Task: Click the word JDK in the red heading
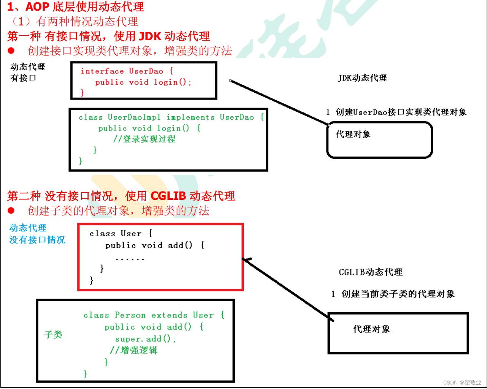click(x=150, y=36)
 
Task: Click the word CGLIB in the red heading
click(x=168, y=196)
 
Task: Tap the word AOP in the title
click(x=37, y=7)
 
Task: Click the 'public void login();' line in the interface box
click(x=143, y=82)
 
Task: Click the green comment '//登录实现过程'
click(x=144, y=139)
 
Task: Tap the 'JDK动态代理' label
click(x=362, y=78)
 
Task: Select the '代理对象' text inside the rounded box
click(x=353, y=134)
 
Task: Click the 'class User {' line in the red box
click(x=121, y=234)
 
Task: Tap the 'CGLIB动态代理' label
click(x=371, y=272)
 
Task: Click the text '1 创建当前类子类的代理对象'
click(x=393, y=294)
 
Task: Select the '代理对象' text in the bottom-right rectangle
click(x=372, y=329)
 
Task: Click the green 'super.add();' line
click(x=145, y=339)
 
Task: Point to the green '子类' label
click(x=53, y=335)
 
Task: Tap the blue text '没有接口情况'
click(x=37, y=240)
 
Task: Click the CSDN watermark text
click(x=462, y=383)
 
